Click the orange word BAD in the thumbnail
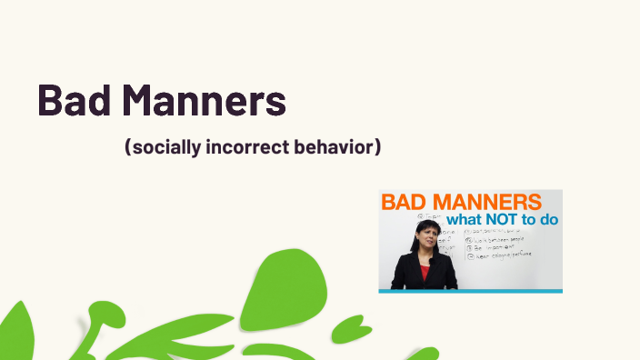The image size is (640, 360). (x=405, y=202)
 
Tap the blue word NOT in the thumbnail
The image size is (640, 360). (x=504, y=219)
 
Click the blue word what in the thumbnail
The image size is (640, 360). (x=465, y=219)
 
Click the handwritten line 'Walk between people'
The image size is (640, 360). (x=500, y=238)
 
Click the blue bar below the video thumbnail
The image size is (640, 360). (x=470, y=291)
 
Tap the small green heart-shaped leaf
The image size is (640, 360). (x=351, y=328)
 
